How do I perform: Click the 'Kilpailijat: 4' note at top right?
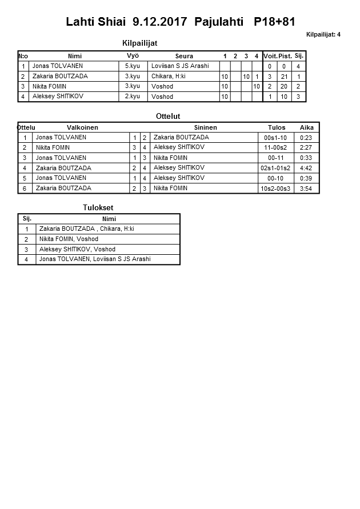tap(323, 34)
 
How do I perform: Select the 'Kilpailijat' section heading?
tap(140, 43)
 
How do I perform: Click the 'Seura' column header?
tap(184, 56)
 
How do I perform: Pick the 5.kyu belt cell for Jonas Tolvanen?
tap(133, 66)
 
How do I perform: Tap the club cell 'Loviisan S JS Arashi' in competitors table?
tap(180, 66)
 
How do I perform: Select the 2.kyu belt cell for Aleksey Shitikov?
tap(133, 97)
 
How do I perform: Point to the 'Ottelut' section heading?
tap(168, 117)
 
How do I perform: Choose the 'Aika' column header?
tap(306, 127)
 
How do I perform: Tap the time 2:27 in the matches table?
tap(306, 147)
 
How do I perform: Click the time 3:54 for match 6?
tap(306, 189)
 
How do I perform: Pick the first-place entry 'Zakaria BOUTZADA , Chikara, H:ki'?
tap(87, 229)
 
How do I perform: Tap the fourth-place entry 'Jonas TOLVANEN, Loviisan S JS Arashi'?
tap(95, 259)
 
